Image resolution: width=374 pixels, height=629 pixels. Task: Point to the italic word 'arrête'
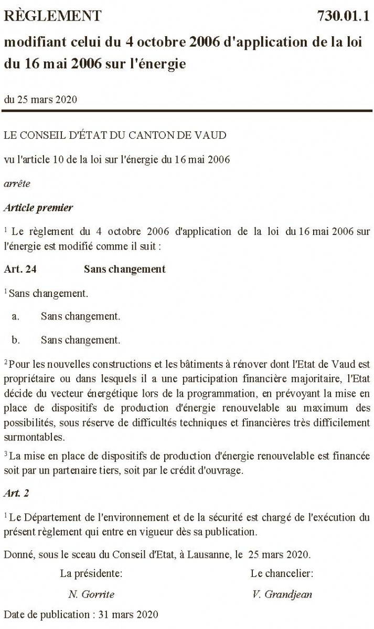point(17,184)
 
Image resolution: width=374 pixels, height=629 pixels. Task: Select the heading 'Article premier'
point(38,208)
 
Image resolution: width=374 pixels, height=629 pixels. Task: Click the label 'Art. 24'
point(20,270)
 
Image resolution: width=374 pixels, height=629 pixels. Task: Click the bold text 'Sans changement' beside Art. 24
point(124,270)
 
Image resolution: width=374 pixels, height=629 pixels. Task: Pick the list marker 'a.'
point(16,316)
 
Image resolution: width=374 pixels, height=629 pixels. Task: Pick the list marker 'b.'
point(16,340)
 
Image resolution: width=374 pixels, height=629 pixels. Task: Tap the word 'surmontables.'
point(30,436)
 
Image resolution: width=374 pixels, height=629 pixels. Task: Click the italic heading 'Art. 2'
point(15,494)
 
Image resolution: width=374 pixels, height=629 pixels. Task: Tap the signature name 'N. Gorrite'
point(91,594)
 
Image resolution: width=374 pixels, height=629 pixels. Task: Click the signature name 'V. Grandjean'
point(282,594)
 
